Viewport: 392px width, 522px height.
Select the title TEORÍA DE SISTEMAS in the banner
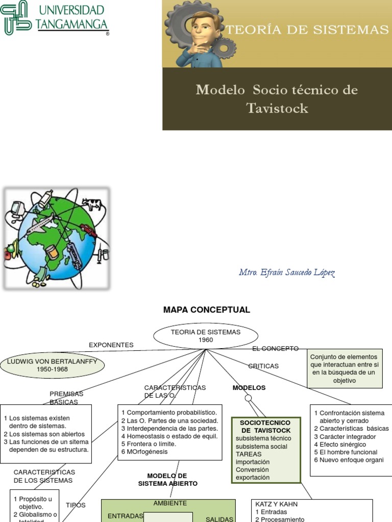(x=307, y=30)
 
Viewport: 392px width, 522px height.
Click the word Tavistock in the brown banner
(x=277, y=108)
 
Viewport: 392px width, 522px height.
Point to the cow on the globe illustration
(x=92, y=204)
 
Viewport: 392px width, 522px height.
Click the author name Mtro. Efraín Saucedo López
(x=287, y=273)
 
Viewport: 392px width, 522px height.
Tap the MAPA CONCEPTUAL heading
(x=206, y=310)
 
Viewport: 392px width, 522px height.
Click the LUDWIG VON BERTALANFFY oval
(x=52, y=365)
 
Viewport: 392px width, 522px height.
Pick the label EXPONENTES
(x=111, y=345)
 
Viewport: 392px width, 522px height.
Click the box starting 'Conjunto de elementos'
(x=345, y=369)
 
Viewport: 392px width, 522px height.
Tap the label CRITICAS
(x=263, y=366)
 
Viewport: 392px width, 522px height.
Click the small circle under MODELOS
(x=248, y=398)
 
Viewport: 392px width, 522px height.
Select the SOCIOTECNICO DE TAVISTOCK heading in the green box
(x=265, y=427)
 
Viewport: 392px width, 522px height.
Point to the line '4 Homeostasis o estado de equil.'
(x=169, y=436)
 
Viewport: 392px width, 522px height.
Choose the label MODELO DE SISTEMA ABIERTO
(x=167, y=479)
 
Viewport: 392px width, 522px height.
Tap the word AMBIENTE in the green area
(x=170, y=503)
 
